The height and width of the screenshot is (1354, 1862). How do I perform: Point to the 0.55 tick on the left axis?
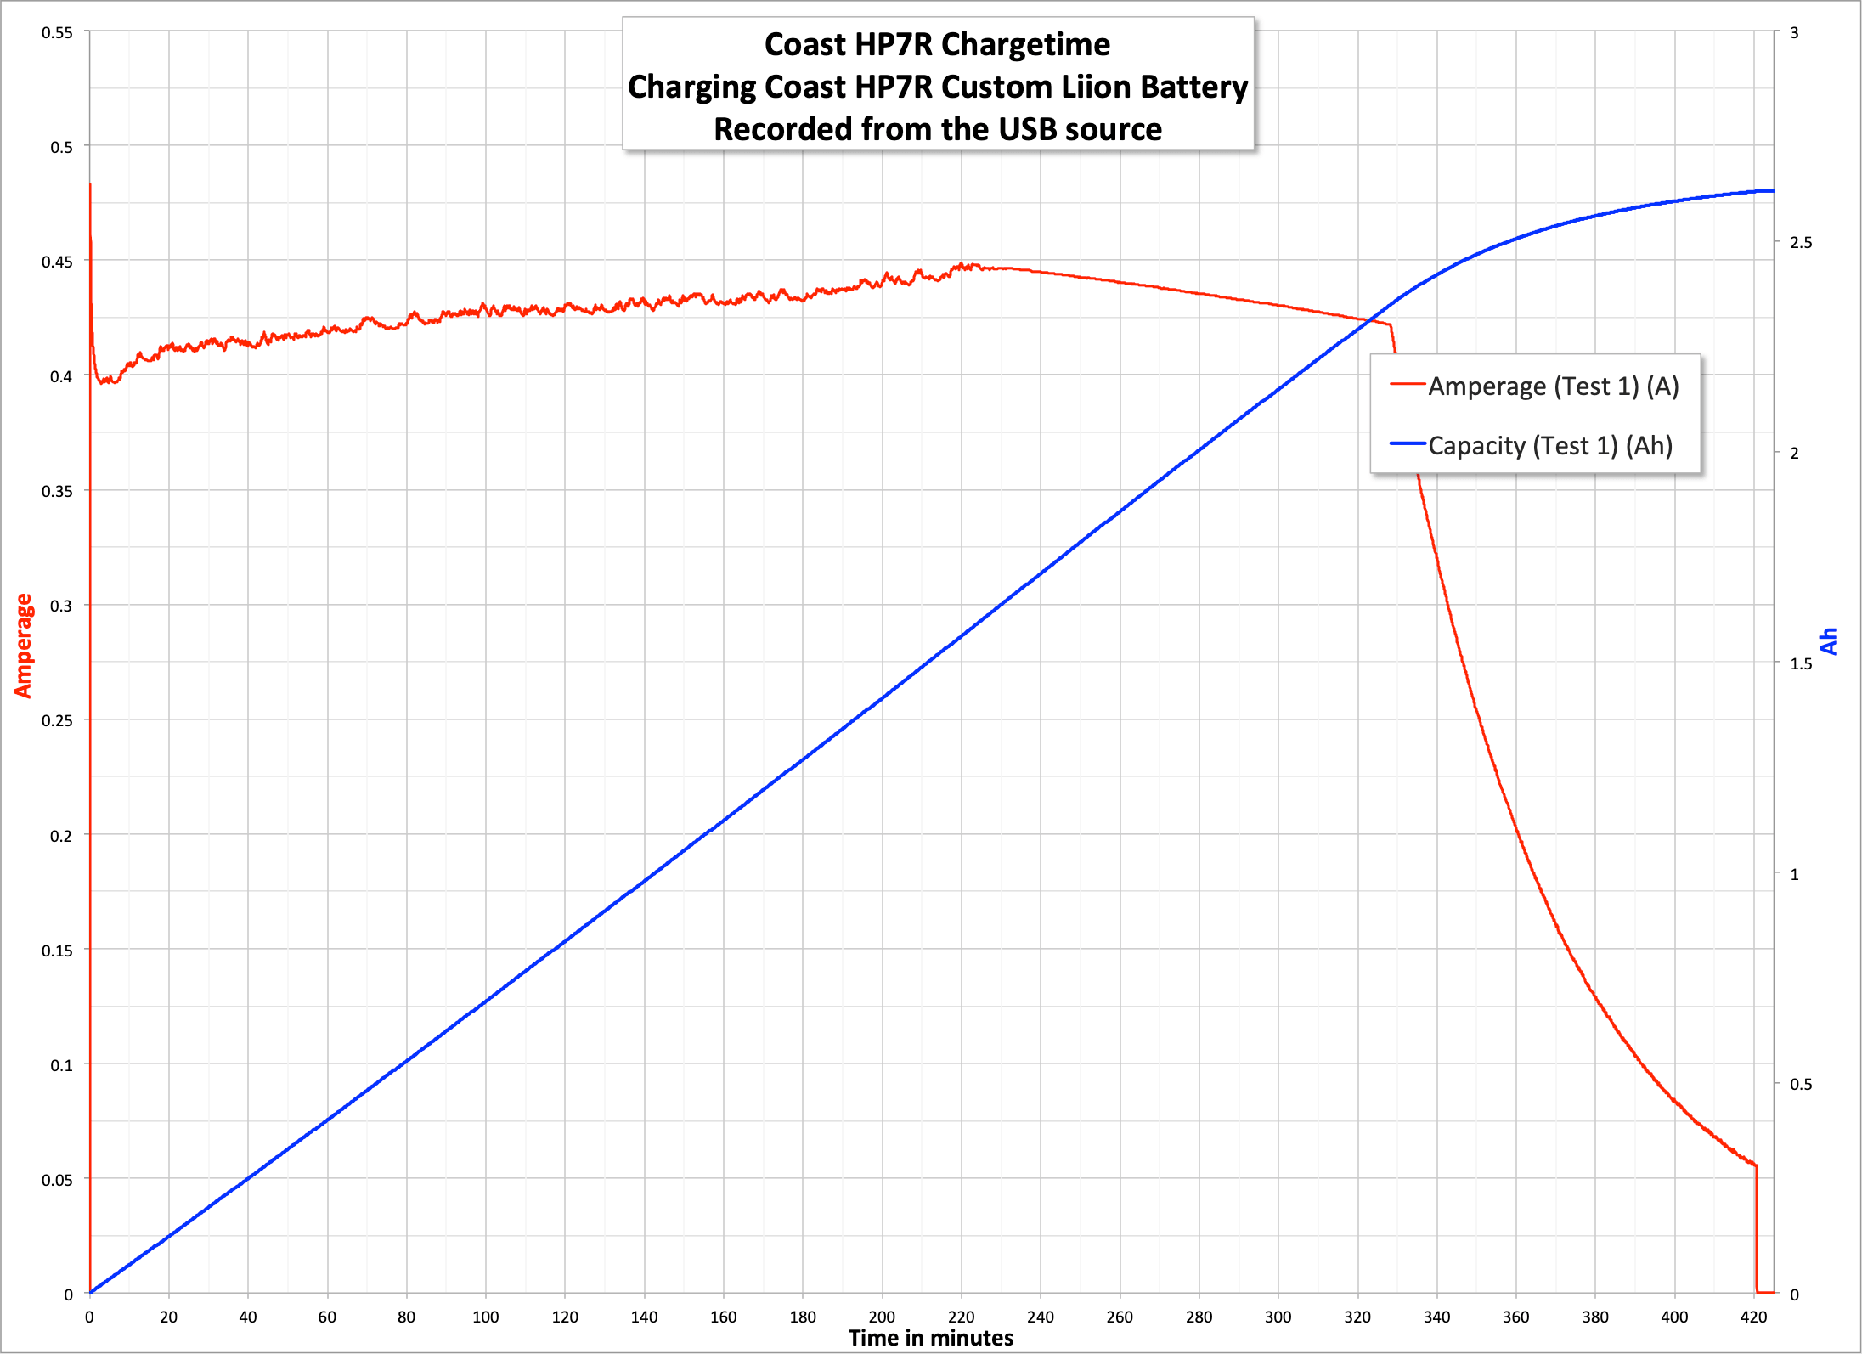57,33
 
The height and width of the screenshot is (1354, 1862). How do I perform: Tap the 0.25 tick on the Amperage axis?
57,720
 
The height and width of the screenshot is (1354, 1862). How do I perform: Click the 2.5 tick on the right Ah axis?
1801,243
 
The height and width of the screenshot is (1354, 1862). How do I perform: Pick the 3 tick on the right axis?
1794,33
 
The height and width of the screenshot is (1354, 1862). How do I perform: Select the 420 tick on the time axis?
1753,1317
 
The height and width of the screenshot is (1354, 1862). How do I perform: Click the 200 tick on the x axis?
882,1317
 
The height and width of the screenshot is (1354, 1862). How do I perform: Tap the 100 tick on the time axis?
485,1317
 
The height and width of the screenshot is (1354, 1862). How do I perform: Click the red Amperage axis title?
23,646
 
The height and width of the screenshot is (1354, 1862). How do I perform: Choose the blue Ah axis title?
1829,641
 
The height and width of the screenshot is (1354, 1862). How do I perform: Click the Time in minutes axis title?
931,1339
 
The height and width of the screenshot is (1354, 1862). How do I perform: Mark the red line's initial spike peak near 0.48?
90,184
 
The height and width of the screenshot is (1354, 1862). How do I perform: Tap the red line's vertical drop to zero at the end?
1756,1232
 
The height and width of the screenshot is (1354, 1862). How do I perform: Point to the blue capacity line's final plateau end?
1772,191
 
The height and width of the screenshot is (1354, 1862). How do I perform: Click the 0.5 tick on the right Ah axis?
1801,1085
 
